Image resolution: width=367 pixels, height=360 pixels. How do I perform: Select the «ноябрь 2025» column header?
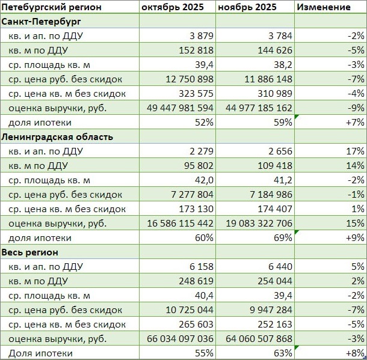247,7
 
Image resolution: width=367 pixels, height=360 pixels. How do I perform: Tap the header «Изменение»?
324,7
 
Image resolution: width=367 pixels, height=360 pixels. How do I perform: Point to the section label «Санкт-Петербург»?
42,22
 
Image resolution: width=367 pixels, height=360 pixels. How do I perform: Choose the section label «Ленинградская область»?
57,136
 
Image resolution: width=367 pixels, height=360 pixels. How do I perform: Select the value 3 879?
200,36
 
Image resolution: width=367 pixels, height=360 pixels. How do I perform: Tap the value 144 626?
274,50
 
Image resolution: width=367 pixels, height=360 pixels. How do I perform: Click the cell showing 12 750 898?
188,79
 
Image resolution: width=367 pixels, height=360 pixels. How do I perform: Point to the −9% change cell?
356,108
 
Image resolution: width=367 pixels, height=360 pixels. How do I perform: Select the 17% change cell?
356,151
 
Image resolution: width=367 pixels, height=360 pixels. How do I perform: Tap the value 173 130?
196,209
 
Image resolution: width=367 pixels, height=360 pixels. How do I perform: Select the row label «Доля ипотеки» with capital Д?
40,353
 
